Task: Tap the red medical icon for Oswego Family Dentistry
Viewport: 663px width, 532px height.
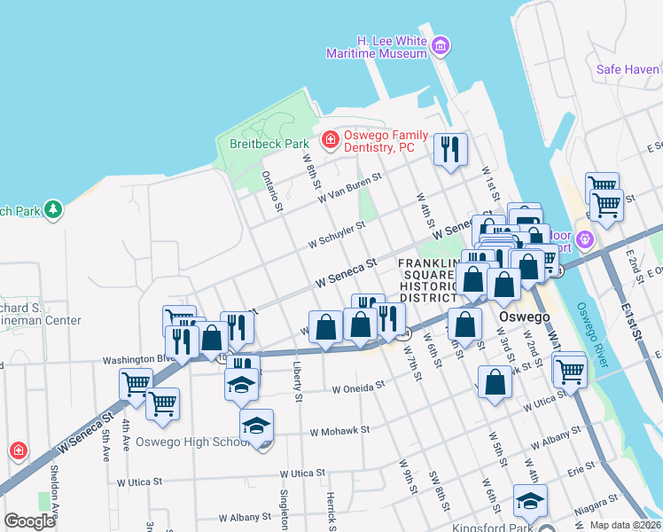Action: [x=330, y=139]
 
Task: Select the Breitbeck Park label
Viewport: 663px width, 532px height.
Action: [x=268, y=143]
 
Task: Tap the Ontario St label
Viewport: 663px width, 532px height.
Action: [x=271, y=192]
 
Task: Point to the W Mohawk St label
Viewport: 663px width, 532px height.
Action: [x=339, y=432]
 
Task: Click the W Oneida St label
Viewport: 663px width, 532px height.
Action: [x=358, y=387]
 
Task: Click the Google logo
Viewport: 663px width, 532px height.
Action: [x=29, y=521]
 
